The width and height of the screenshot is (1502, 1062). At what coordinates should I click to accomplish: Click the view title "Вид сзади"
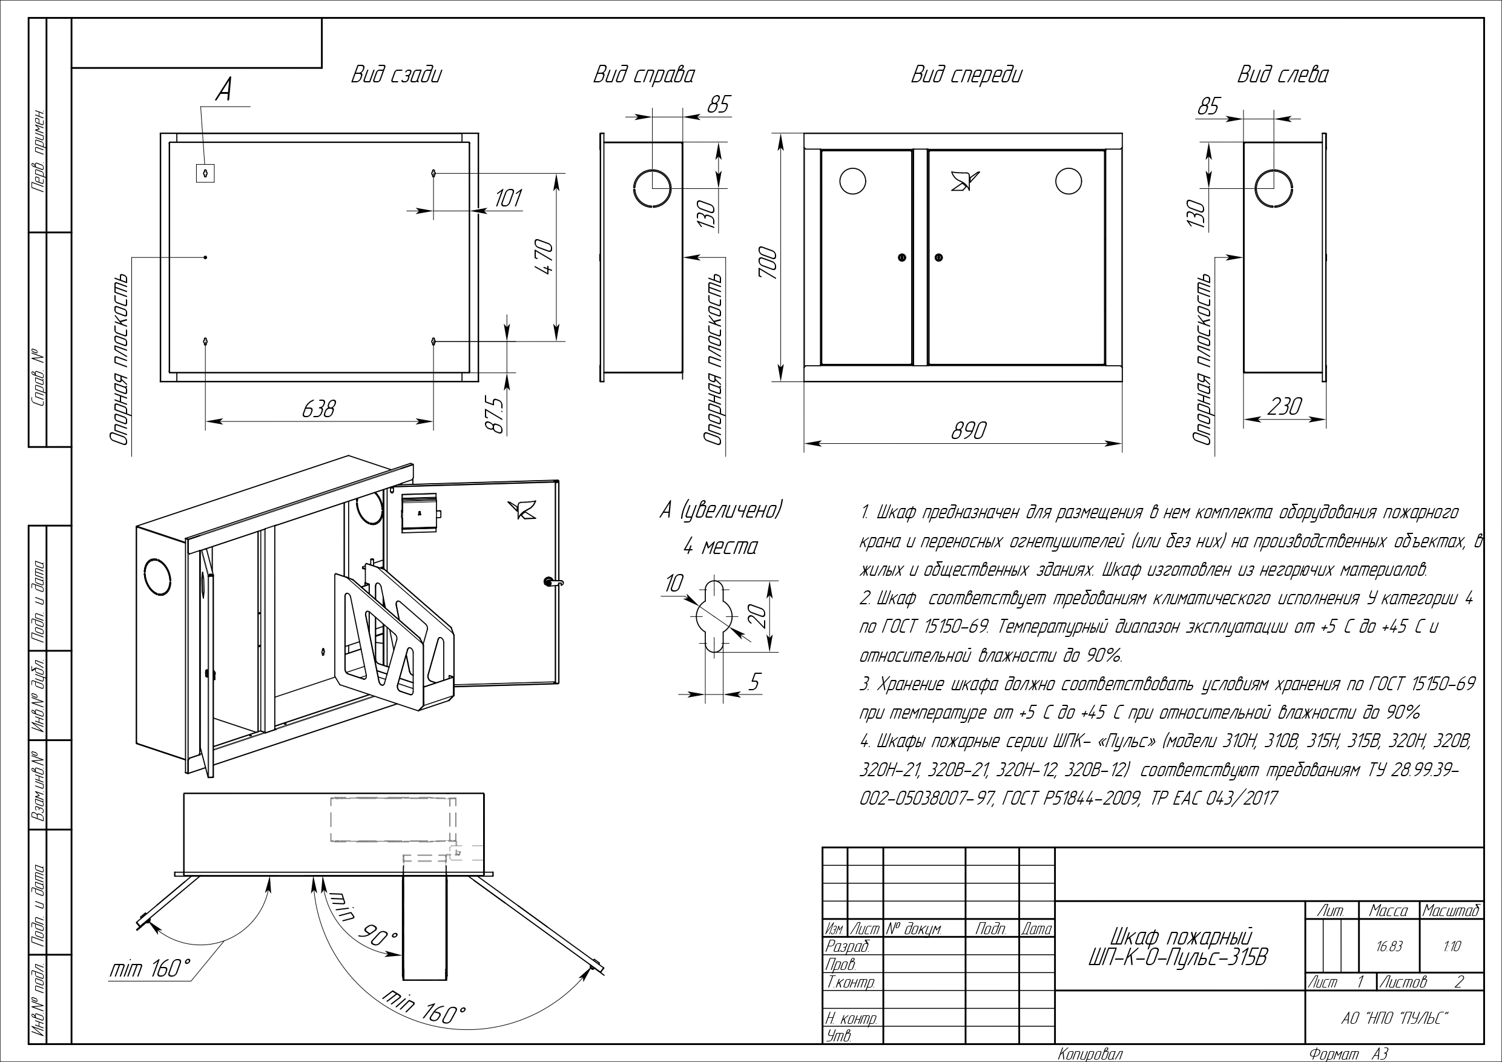[397, 74]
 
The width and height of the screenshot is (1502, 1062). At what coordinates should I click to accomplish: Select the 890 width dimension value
[968, 430]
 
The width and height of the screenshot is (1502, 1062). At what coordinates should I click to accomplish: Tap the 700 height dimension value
[768, 262]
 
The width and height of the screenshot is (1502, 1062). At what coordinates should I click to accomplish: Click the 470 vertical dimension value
[545, 257]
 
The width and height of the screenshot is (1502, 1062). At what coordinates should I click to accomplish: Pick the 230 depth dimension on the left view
[1284, 406]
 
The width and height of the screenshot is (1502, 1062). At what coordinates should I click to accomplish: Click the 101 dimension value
[508, 197]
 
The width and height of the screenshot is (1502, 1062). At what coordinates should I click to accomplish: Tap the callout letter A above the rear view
[224, 90]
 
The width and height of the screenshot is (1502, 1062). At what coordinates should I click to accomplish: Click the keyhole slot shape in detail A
[714, 616]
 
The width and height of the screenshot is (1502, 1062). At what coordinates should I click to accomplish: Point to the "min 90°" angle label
[363, 920]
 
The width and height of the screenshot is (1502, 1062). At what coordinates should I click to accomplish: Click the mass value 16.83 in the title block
[1388, 947]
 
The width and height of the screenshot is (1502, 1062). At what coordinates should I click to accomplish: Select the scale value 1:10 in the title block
[1451, 947]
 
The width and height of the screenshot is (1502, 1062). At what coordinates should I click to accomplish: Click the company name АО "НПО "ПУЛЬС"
[1394, 1019]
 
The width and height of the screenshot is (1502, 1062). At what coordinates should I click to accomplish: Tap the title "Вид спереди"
[966, 75]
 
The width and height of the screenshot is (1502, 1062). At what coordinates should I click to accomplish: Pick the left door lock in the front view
[902, 258]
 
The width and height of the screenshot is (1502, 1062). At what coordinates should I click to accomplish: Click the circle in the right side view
[651, 187]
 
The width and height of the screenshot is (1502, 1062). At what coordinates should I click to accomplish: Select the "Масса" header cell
[1388, 911]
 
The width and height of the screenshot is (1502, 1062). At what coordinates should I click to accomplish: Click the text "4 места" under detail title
[720, 546]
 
